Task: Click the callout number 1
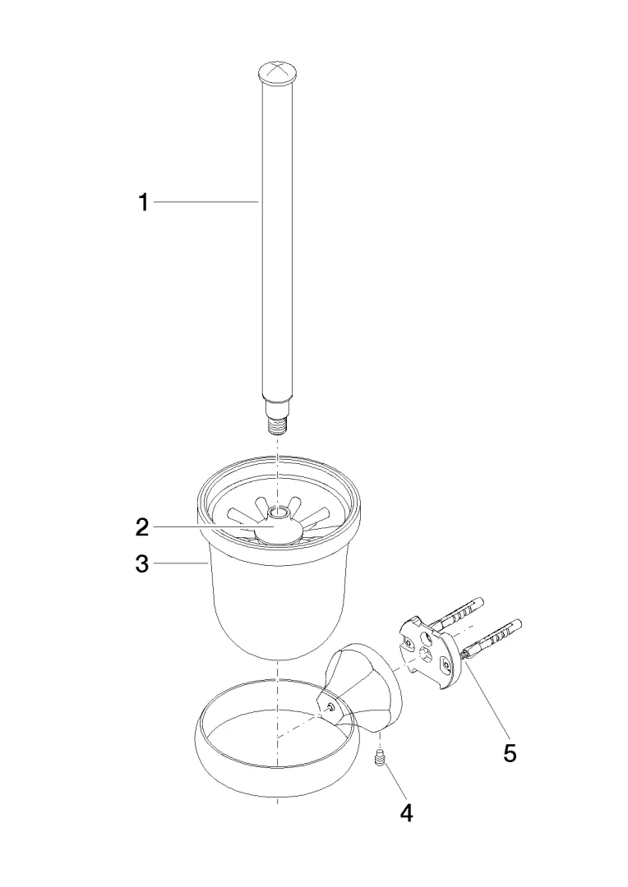[x=144, y=202]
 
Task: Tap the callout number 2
[x=141, y=527]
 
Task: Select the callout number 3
[x=141, y=563]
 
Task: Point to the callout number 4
[x=406, y=813]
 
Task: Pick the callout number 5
[x=510, y=753]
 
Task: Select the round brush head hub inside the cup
[x=276, y=531]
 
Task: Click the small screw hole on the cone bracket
[x=331, y=707]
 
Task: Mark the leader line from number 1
[x=206, y=201]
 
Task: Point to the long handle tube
[x=277, y=237]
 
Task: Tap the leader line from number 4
[x=393, y=784]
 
